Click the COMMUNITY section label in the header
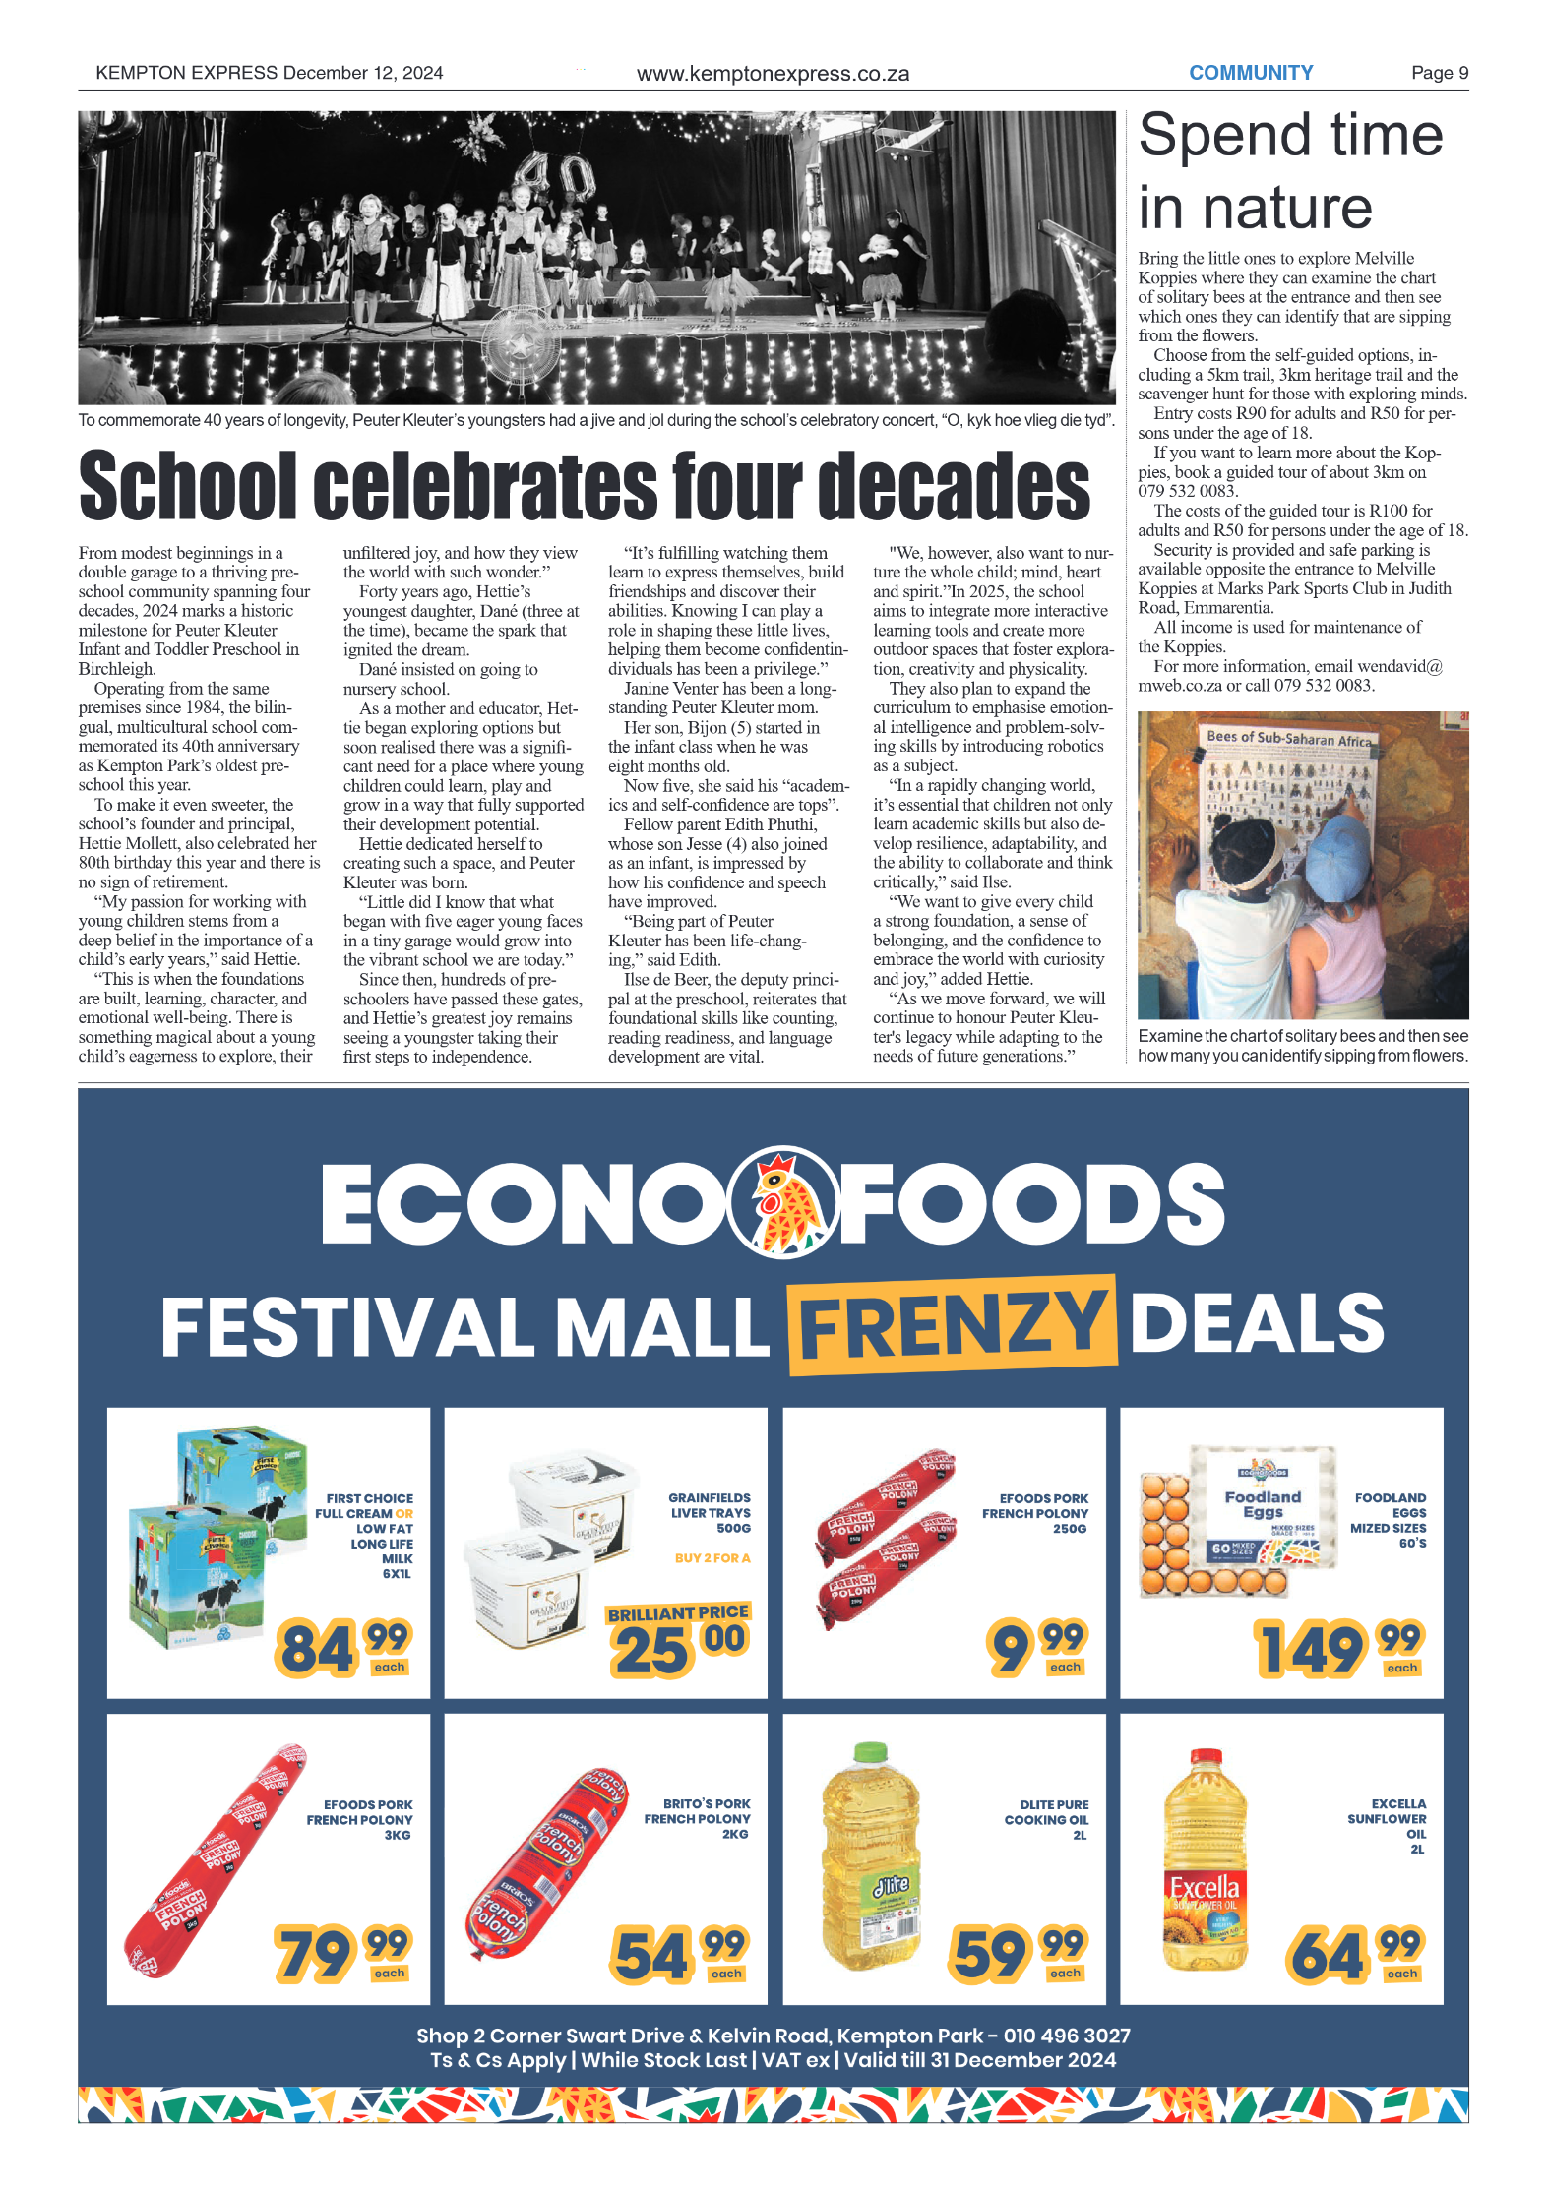pyautogui.click(x=1250, y=73)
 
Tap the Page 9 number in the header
pyautogui.click(x=1439, y=73)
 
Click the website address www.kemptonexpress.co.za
pyautogui.click(x=773, y=74)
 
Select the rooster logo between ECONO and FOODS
pyautogui.click(x=782, y=1201)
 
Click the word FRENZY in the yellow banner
pyautogui.click(x=952, y=1324)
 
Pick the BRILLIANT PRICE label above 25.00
pyautogui.click(x=678, y=1612)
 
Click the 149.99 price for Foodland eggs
pyautogui.click(x=1338, y=1648)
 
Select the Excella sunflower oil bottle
pyautogui.click(x=1205, y=1859)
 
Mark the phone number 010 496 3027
pyautogui.click(x=1067, y=2036)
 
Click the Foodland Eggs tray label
pyautogui.click(x=1263, y=1504)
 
